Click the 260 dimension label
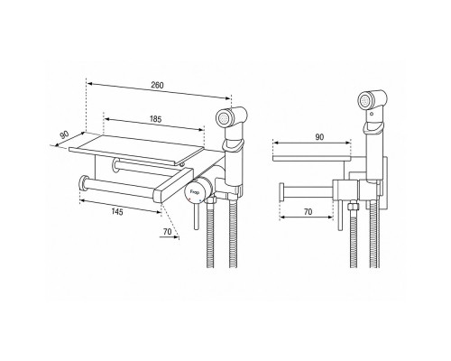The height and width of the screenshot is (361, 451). [x=157, y=85]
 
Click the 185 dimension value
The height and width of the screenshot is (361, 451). [x=155, y=119]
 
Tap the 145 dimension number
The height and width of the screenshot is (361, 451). [x=117, y=212]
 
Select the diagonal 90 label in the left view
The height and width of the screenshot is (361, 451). [x=64, y=134]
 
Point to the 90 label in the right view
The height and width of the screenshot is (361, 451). [x=319, y=137]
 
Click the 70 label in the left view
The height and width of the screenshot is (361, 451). [x=167, y=232]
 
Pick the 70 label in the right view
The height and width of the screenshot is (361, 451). [x=308, y=212]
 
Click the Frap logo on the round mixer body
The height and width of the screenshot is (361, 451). [x=193, y=191]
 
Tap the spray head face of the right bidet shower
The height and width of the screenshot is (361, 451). [x=365, y=100]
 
